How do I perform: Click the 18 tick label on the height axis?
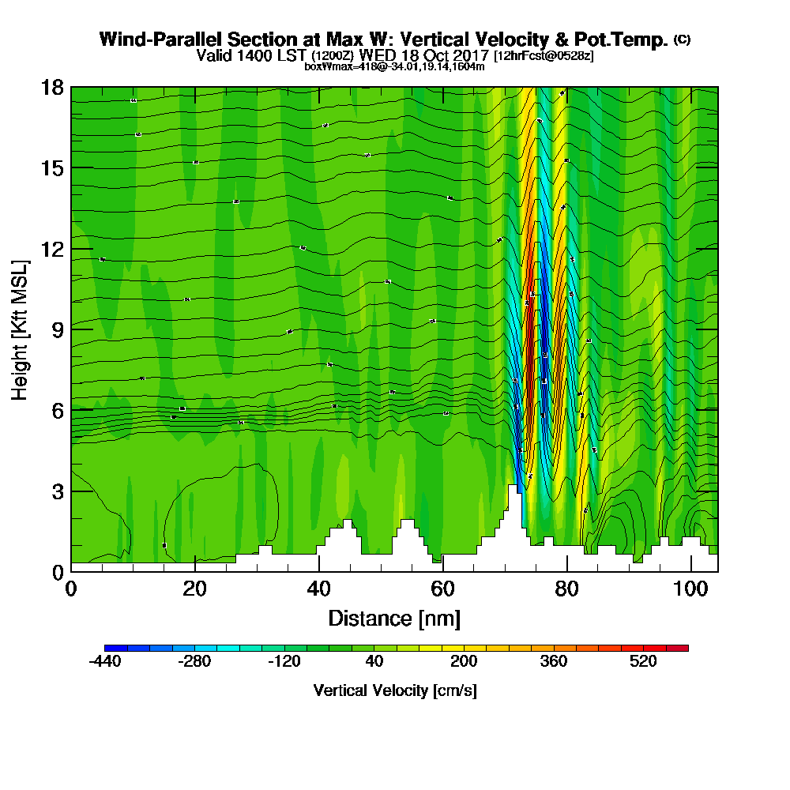[x=51, y=87]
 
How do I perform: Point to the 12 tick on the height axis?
[x=71, y=249]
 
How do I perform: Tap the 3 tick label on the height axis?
[x=57, y=491]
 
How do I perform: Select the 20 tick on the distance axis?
[x=195, y=571]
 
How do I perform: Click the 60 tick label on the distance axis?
[x=443, y=589]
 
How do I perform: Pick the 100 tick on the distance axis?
[x=691, y=571]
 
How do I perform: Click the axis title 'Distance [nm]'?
[x=394, y=618]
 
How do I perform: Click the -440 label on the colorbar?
[x=104, y=662]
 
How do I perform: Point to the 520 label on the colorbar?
[x=644, y=662]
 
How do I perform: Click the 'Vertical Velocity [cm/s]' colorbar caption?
[x=394, y=690]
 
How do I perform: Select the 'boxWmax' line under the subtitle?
[x=394, y=66]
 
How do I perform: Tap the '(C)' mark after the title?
[x=682, y=39]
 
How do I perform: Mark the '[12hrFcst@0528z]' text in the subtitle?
[x=544, y=56]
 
